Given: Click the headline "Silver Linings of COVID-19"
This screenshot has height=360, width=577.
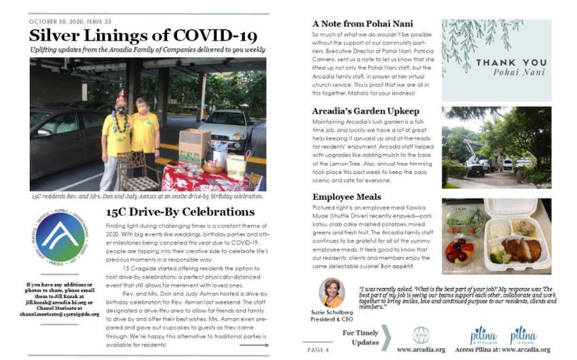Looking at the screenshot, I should coord(143,35).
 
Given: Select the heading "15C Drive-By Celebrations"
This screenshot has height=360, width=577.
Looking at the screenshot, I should coord(180,212).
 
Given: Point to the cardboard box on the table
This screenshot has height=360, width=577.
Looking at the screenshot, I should coord(194,145).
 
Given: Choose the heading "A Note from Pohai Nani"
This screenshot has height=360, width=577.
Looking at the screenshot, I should coord(360,22).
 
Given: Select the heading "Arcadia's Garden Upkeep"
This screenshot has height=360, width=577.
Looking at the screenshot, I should coord(365,110).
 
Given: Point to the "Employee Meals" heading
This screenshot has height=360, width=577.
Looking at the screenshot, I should coord(346,197).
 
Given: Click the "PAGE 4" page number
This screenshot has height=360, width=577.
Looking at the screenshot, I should coord(318,349).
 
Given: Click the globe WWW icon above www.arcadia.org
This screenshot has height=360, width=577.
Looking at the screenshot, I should coord(420,335).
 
